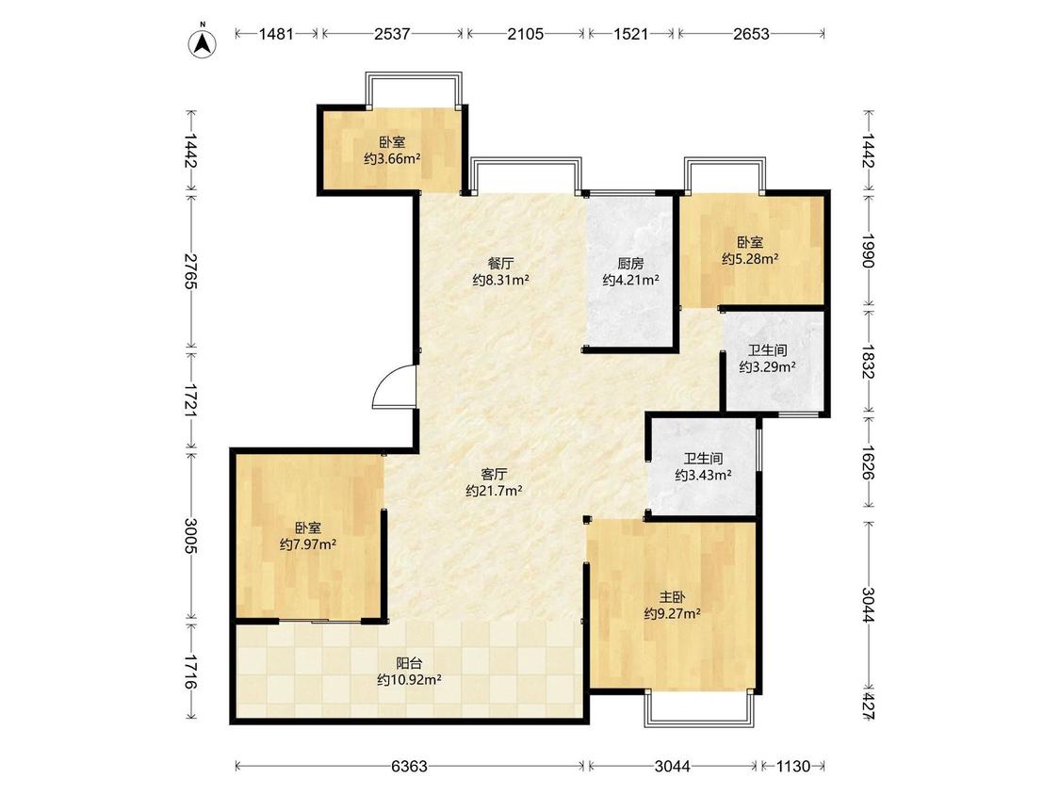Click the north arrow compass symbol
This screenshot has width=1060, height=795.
pos(202,43)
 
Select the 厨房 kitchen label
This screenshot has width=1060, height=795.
pos(630,264)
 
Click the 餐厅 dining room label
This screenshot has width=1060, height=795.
pos(500,264)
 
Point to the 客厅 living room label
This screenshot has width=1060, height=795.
pos(494,475)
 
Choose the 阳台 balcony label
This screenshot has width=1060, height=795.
pos(409,663)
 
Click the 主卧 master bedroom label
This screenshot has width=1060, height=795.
pos(672,597)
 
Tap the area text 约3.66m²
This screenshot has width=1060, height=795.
pos(392,159)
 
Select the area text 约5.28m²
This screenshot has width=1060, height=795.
pos(750,259)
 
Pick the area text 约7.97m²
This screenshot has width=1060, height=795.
pos(307,544)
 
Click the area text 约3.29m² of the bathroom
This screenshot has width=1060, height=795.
pos(767,367)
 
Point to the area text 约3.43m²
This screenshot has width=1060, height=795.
pos(703,476)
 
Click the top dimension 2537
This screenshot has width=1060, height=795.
pos(392,34)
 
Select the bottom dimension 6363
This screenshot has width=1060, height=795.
pos(409,766)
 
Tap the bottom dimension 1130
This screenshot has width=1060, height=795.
pos(792,766)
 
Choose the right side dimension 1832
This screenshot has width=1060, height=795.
pos(869,363)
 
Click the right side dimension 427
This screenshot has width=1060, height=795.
pos(869,706)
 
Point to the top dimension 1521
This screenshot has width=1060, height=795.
pos(630,34)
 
